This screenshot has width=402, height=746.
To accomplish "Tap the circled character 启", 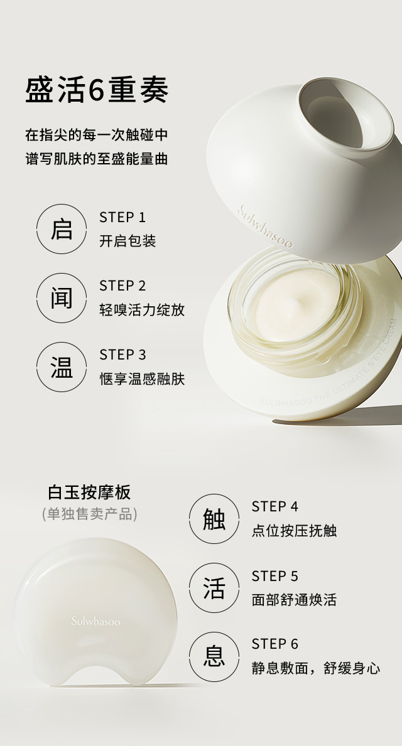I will pyautogui.click(x=62, y=229).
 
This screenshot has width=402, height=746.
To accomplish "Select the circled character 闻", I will pyautogui.click(x=62, y=298).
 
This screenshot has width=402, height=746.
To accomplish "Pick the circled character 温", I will pyautogui.click(x=62, y=367).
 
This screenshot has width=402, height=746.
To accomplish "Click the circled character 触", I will pyautogui.click(x=214, y=519).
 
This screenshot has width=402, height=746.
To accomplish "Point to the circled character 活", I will pyautogui.click(x=214, y=588).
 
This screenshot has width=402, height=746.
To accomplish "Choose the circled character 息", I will pyautogui.click(x=214, y=657).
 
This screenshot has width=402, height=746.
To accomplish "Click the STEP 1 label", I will pyautogui.click(x=122, y=218).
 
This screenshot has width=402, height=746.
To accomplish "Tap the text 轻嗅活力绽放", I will pyautogui.click(x=142, y=310).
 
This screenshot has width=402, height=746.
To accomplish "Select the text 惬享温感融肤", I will pyautogui.click(x=142, y=379).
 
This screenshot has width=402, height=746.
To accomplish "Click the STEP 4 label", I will pyautogui.click(x=275, y=507).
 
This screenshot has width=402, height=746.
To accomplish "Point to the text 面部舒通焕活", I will pyautogui.click(x=294, y=600).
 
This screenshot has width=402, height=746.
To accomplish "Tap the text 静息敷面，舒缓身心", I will pyautogui.click(x=315, y=668).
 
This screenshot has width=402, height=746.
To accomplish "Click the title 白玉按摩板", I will pyautogui.click(x=89, y=492).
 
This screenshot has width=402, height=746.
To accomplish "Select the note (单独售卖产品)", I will pyautogui.click(x=89, y=514).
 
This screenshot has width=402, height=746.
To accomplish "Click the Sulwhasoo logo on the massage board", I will pyautogui.click(x=95, y=622).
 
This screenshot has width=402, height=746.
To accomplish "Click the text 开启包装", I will pyautogui.click(x=128, y=242).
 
